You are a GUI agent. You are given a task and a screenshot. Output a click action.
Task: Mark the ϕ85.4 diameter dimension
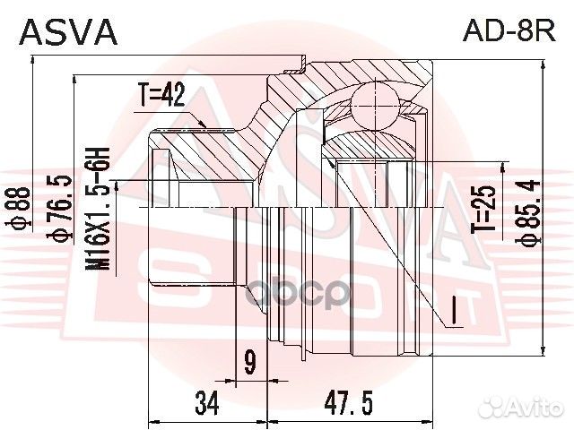(532, 216)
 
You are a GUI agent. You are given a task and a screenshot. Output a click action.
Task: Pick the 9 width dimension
(250, 364)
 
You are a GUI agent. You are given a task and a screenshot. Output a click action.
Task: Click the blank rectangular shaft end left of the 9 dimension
(193, 246)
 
